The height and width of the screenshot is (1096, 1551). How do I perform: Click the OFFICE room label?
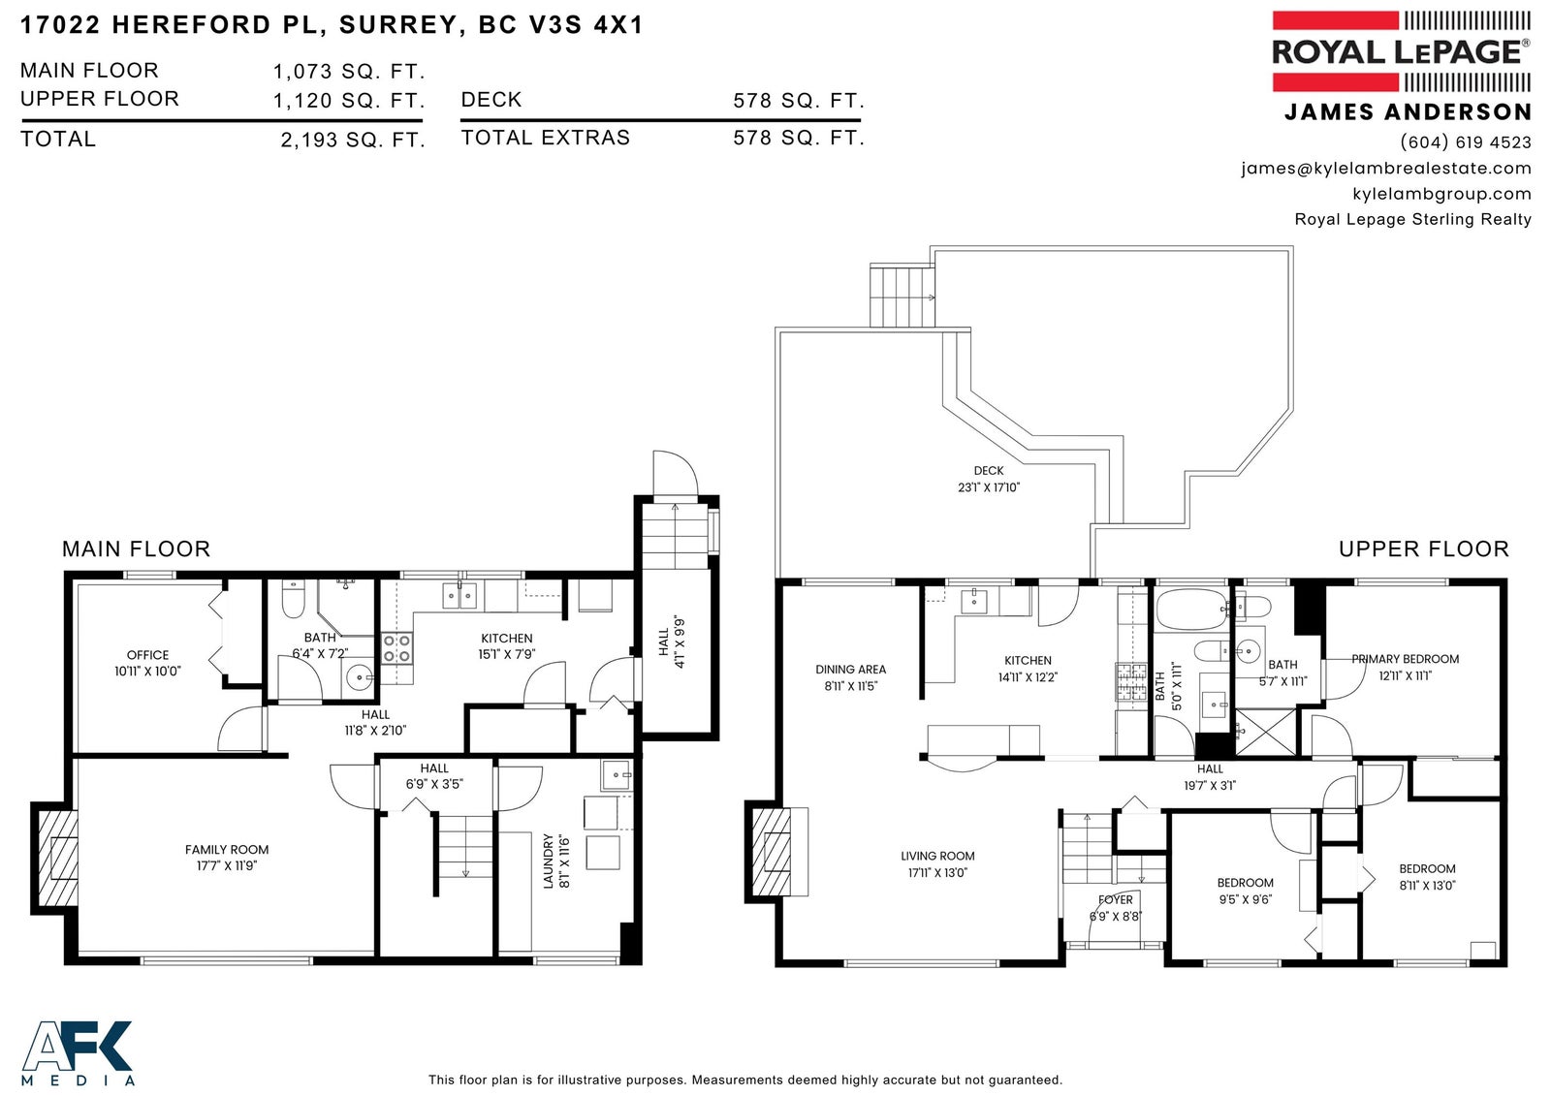coord(147,655)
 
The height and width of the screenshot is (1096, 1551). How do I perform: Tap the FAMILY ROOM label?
coord(227,850)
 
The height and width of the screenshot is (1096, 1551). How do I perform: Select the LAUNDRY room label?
coord(549,861)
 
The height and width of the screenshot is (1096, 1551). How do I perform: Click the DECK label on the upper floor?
coord(989,471)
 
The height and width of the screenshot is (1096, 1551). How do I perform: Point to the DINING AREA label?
coord(850,670)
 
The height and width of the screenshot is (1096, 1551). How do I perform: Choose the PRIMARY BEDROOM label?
coord(1405,659)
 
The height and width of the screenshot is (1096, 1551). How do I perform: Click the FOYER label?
coord(1116,900)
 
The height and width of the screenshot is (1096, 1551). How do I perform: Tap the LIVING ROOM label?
coord(937,857)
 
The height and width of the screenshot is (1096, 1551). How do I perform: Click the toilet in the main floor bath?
coord(293,600)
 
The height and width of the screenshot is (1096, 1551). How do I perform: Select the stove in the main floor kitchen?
coord(396,649)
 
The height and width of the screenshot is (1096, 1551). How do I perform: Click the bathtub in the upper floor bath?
coord(1192,610)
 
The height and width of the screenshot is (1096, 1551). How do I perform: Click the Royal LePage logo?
coord(1401,51)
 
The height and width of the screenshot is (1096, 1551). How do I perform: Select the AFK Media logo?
coord(77,1053)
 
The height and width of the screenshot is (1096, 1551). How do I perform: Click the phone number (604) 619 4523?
coord(1465,141)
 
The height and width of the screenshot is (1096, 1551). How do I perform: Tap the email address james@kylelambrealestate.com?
coord(1385,169)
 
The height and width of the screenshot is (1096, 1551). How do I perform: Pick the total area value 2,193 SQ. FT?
coord(353,141)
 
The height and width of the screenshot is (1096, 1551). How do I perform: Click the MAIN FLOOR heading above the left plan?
coord(136,549)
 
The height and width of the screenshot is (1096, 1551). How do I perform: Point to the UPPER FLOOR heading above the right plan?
coord(1424,549)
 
